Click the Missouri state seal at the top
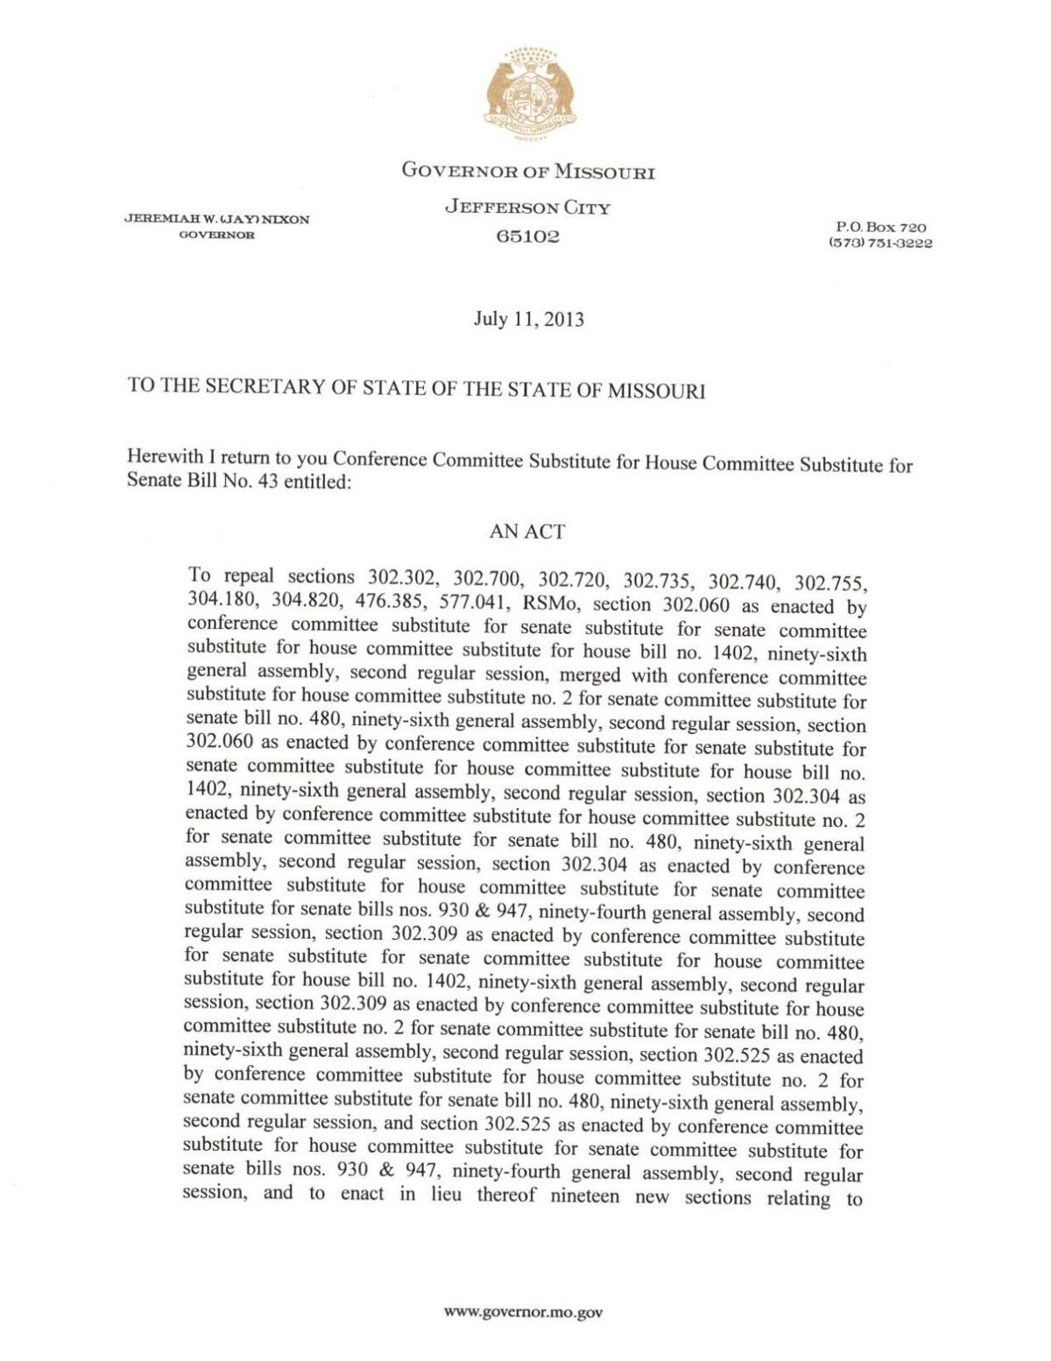click(528, 93)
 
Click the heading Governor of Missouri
click(528, 171)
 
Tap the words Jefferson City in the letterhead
click(527, 208)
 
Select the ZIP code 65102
click(528, 236)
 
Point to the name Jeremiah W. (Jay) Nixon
click(216, 219)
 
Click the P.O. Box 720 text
click(877, 228)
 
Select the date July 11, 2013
click(528, 319)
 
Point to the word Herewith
click(163, 456)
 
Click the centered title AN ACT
click(527, 532)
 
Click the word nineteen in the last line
click(585, 1196)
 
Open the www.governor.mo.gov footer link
click(524, 1312)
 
